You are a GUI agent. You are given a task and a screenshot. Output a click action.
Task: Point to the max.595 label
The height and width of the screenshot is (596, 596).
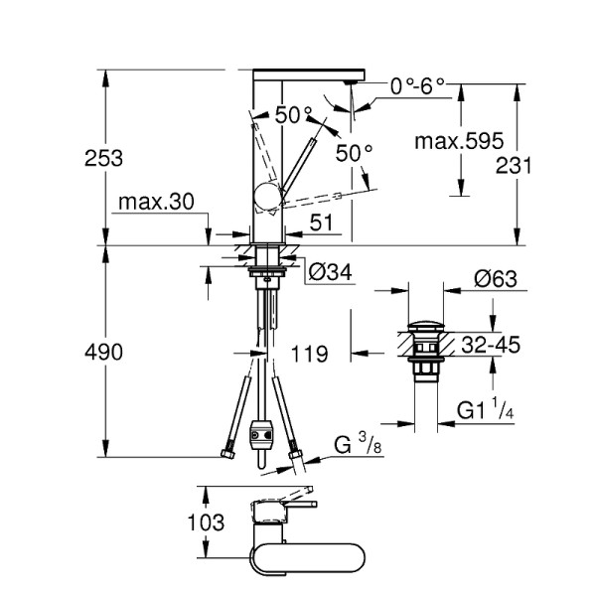459,141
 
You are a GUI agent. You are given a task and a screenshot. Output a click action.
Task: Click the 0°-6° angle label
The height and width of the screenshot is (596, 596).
418,86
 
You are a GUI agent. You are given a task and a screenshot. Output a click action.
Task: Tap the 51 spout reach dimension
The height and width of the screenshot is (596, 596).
321,224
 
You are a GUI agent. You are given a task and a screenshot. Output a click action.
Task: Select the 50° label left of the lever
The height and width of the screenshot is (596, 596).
294,115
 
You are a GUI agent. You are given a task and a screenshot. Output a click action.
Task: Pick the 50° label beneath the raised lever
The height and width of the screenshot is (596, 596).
355,153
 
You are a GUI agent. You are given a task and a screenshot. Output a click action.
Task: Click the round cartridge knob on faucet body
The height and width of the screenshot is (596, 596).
267,198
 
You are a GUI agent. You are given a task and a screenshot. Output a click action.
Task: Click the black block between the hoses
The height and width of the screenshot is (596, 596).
262,435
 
